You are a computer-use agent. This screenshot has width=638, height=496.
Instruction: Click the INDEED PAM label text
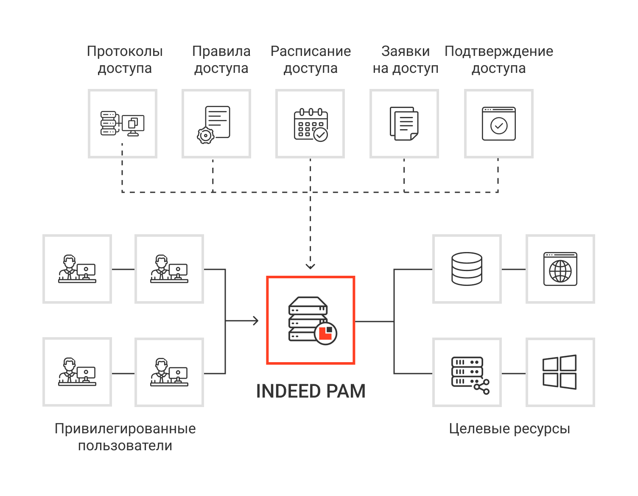click(311, 391)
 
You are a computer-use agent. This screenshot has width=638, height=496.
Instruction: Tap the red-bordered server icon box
click(311, 320)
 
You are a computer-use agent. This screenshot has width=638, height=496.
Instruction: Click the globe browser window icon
click(560, 269)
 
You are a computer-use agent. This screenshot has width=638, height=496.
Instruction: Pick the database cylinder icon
click(467, 269)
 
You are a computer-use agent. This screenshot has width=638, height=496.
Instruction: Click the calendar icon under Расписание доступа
click(311, 125)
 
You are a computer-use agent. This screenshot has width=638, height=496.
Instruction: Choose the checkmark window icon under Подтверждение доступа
click(498, 124)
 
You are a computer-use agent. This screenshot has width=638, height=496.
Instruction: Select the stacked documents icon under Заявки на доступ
click(404, 124)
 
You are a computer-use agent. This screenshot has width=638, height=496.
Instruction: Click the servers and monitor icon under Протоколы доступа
click(122, 124)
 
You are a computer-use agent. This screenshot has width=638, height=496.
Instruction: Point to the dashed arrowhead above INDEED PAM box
click(311, 266)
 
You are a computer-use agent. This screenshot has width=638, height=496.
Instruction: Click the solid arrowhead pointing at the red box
click(255, 321)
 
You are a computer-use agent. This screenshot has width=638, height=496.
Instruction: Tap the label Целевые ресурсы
click(509, 429)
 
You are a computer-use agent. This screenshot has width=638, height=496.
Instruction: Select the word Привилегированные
click(125, 429)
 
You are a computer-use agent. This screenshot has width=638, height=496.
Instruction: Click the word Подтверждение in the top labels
click(498, 51)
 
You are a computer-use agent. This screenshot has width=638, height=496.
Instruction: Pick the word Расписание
click(311, 51)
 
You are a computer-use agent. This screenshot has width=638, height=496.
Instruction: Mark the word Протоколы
click(125, 51)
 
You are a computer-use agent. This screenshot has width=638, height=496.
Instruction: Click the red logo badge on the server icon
click(325, 333)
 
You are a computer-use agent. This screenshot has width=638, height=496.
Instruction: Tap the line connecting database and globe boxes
click(513, 269)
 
